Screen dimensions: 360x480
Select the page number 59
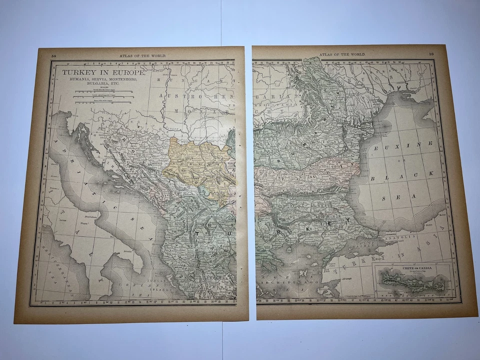tap(431, 54)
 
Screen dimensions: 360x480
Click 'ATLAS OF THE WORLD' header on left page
tap(142, 56)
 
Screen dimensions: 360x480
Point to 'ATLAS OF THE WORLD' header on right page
tap(342, 53)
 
